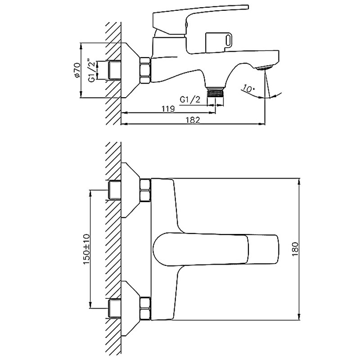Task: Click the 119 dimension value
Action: coord(168,108)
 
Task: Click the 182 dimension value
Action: coord(193,120)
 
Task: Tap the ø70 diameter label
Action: coord(77,70)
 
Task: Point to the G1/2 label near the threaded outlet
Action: coord(190,99)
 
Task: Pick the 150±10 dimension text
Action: coord(86,249)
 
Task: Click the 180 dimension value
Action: coord(295,249)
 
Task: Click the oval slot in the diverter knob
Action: coord(229,40)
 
